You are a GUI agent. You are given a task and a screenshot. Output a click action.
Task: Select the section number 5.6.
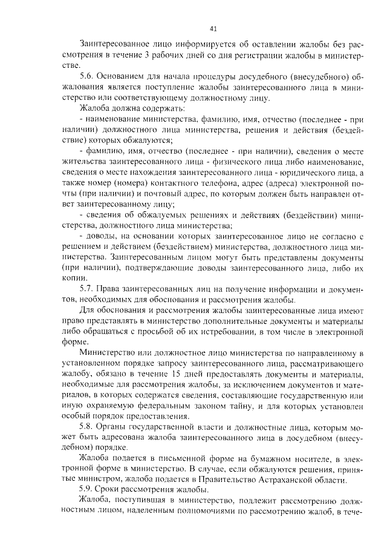coord(87,77)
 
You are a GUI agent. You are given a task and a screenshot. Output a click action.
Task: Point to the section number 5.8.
coord(87,424)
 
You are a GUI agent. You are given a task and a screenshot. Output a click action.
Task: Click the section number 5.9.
coord(87,489)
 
